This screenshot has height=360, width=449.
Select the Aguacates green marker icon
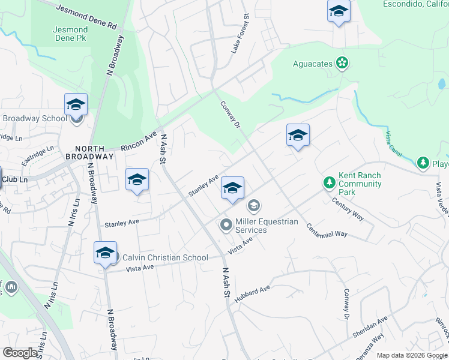342,62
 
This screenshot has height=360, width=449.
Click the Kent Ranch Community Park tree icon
329,181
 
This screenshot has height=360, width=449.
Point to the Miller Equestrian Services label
267,226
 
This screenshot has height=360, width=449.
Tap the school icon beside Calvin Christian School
105,253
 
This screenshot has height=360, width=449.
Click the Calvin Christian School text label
165,257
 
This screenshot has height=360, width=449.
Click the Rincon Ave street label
138,141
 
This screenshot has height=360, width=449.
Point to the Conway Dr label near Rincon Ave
231,113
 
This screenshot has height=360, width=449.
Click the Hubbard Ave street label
253,294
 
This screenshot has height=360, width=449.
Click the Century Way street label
348,208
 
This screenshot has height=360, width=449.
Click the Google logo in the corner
20,353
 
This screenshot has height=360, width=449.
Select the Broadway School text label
35,118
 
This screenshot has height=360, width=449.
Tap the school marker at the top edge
339,11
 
